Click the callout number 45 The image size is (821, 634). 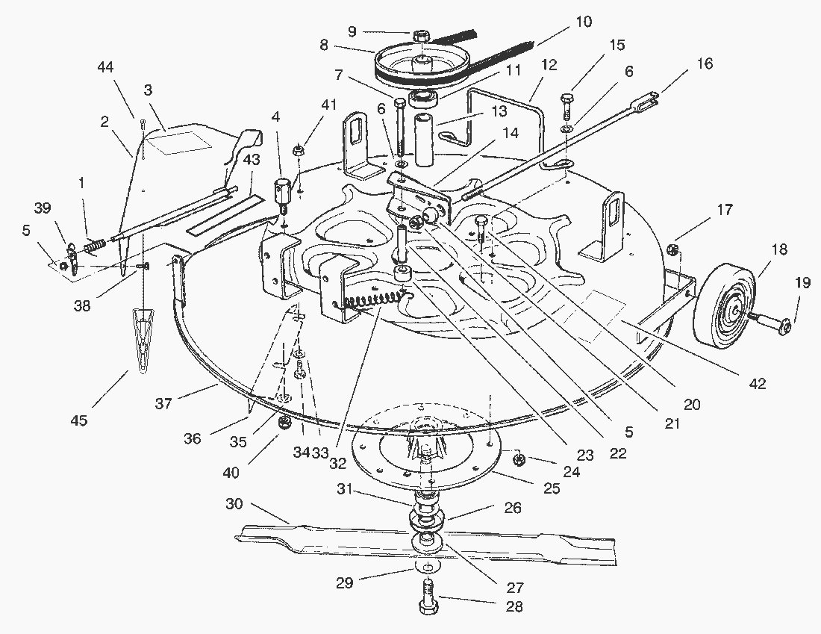[x=78, y=420]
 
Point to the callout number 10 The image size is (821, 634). [x=584, y=22]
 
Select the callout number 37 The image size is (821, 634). [x=164, y=404]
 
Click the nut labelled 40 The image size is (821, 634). [x=284, y=423]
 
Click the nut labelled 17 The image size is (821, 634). [x=674, y=249]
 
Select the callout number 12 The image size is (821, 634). [x=549, y=65]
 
